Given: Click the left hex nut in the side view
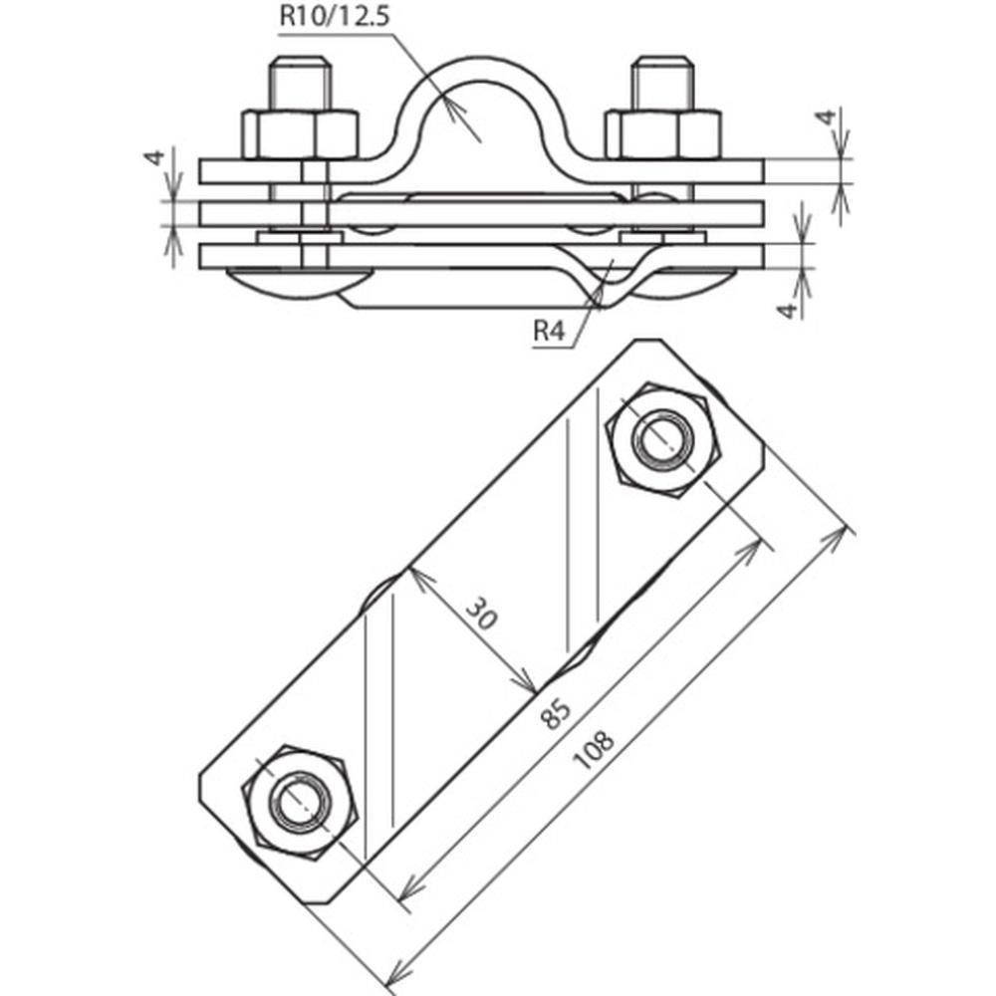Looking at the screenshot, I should click(300, 133).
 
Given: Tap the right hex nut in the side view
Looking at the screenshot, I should click(662, 133).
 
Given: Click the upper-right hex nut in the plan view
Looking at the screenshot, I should click(662, 439).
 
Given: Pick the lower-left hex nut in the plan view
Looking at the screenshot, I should click(300, 802).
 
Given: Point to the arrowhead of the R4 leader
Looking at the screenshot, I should click(604, 286).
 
